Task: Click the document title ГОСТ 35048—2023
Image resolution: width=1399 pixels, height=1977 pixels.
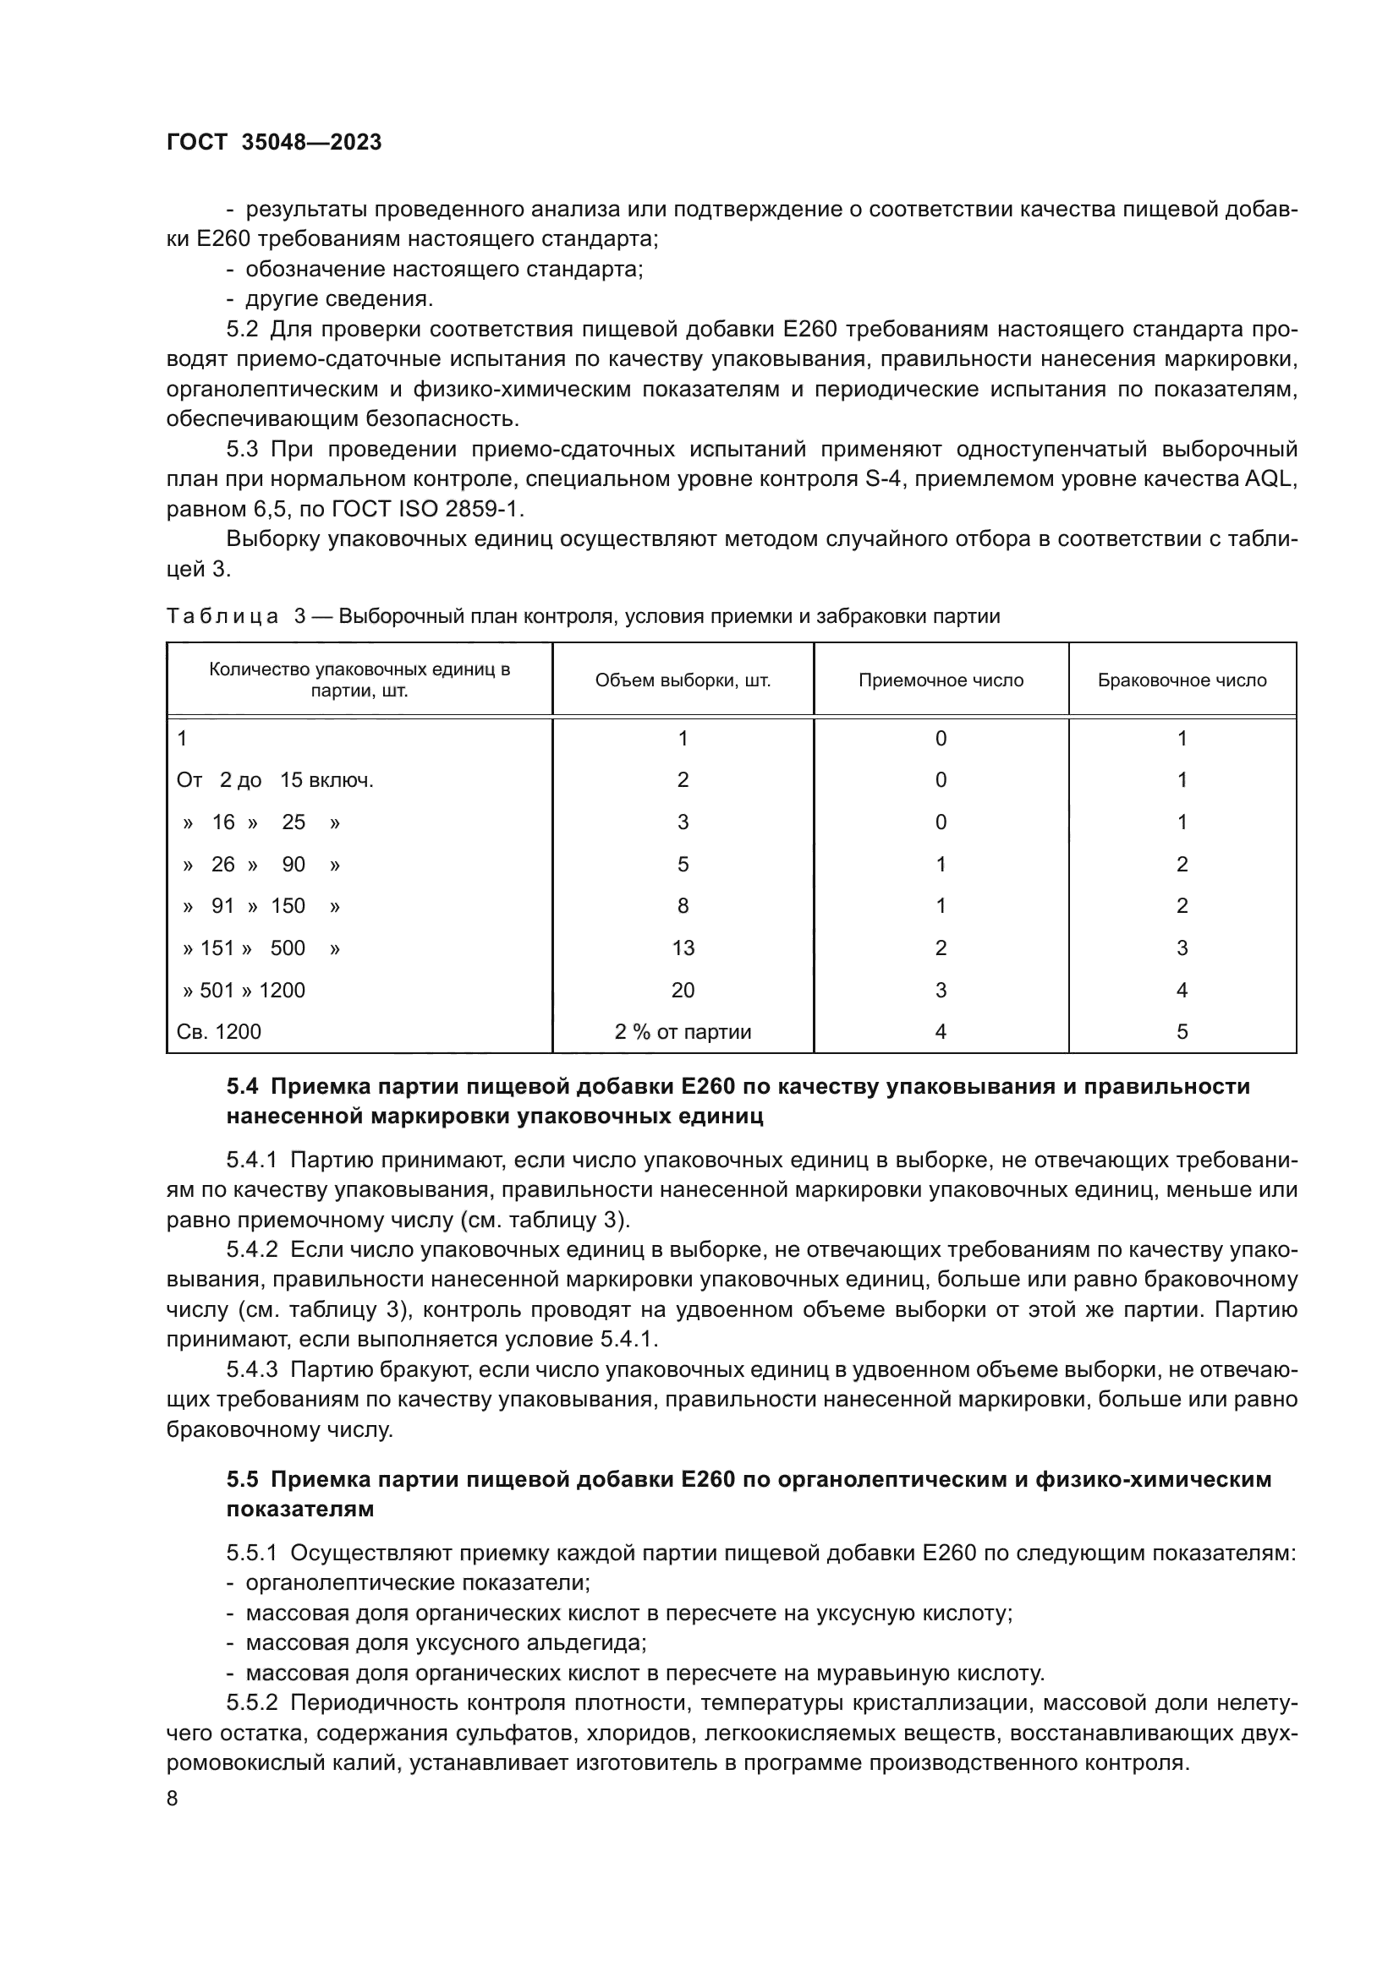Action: tap(274, 142)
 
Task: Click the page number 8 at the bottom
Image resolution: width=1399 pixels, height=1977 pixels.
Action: tap(173, 1798)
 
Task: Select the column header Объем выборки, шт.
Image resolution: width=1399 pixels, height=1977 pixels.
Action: tap(683, 680)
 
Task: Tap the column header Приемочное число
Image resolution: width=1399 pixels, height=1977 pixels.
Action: tap(941, 680)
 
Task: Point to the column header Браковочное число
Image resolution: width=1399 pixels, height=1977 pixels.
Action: tap(1181, 680)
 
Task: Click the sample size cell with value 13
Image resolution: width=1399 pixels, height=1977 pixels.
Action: tap(683, 948)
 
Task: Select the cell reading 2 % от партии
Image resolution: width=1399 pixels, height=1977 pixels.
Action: tap(683, 1031)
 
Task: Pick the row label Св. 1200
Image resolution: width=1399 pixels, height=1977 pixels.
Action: tap(219, 1031)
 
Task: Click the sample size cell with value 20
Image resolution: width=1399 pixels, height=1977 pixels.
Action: tap(683, 991)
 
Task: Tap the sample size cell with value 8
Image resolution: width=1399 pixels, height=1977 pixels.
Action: tap(683, 906)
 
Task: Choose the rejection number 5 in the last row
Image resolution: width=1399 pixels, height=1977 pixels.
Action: tap(1181, 1031)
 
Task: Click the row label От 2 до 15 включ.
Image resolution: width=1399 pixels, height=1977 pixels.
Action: tap(275, 780)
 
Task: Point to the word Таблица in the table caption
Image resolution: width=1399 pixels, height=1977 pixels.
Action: tap(222, 616)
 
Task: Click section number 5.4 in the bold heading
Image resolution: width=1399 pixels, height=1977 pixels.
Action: tap(242, 1087)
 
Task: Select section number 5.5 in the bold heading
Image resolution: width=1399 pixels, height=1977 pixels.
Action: tap(242, 1479)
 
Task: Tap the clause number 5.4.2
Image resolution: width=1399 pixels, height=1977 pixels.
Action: tap(251, 1249)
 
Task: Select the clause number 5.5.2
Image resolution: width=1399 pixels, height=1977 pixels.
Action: tap(251, 1702)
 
